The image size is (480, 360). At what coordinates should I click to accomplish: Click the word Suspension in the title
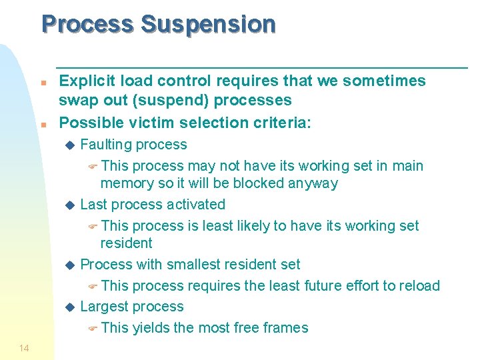(x=208, y=25)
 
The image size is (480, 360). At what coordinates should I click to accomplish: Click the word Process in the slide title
(x=87, y=25)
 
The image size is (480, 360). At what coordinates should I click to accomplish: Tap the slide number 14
(x=24, y=348)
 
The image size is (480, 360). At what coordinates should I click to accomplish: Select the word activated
(x=192, y=205)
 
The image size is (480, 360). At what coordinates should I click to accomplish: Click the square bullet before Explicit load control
(x=43, y=83)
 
